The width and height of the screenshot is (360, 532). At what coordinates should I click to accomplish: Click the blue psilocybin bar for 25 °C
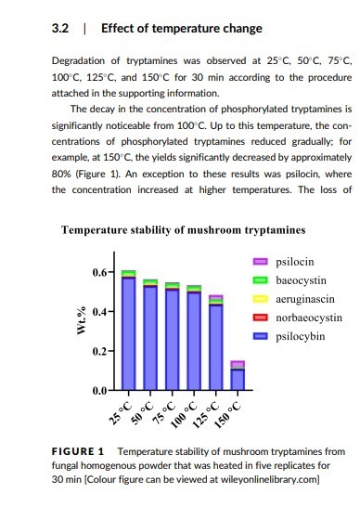tap(128, 334)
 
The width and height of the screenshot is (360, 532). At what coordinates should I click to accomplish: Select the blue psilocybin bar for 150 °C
tap(238, 380)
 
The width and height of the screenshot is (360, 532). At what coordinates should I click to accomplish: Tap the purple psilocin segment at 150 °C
tap(238, 364)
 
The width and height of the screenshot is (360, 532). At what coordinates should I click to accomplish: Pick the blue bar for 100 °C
tap(194, 341)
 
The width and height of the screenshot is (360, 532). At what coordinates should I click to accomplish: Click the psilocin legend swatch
tap(261, 262)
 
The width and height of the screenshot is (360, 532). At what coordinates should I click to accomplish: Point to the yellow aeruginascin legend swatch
tap(261, 299)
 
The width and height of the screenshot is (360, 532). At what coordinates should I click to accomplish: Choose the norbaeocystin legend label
tap(309, 318)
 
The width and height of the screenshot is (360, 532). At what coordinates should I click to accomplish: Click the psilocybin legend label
tap(301, 337)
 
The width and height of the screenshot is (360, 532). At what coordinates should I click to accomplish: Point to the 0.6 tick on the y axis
tap(110, 272)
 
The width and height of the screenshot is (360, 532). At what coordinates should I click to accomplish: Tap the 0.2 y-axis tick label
tap(99, 351)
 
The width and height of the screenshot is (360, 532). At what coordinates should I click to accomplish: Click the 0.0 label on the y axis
tap(99, 391)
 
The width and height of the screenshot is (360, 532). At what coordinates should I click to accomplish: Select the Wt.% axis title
tap(82, 321)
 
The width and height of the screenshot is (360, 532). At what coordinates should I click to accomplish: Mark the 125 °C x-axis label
tap(206, 415)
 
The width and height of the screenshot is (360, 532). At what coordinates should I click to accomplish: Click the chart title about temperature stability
tap(184, 230)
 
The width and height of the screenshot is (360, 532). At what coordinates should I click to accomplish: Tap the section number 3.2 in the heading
tap(60, 28)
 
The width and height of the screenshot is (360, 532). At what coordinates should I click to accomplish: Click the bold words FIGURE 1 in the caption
tap(78, 451)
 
